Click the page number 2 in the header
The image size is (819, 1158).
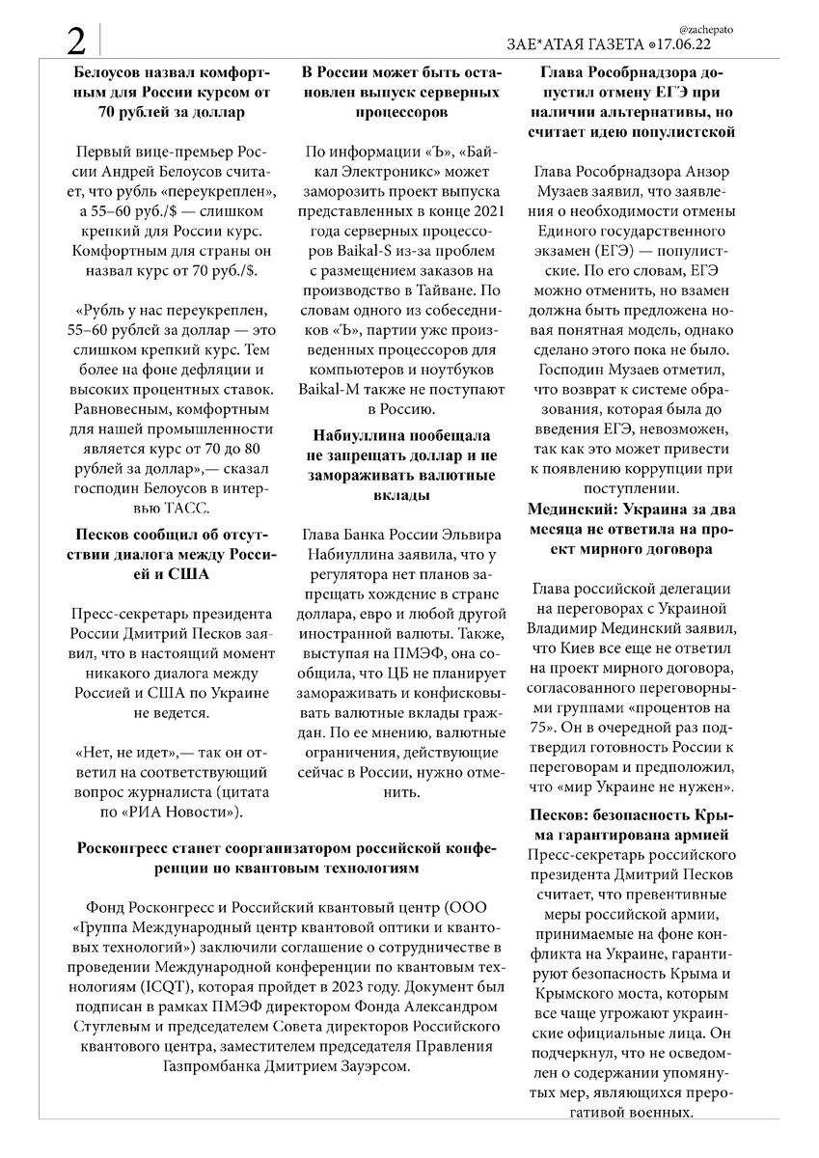click(76, 41)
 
